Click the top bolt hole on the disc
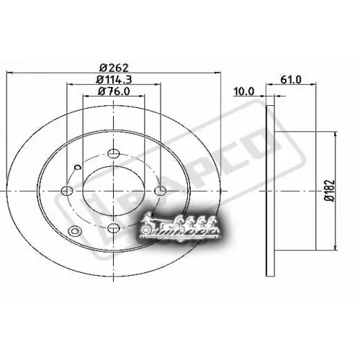[112, 153]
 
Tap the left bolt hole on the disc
[68, 191]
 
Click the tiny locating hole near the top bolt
[79, 165]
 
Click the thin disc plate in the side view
[271, 191]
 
